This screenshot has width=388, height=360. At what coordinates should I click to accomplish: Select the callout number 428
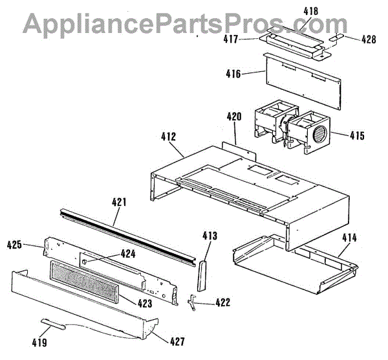(x=368, y=40)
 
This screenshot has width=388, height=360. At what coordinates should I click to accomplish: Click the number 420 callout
(x=233, y=117)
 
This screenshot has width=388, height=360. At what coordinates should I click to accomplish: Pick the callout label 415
(x=356, y=136)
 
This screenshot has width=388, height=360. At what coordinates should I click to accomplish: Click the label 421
(x=118, y=202)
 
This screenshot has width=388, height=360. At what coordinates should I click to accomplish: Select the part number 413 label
(x=210, y=236)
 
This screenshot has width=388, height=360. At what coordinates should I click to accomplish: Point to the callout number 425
(x=15, y=245)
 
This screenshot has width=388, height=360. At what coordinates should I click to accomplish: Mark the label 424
(x=127, y=254)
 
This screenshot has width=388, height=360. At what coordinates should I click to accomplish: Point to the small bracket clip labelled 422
(x=192, y=301)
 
